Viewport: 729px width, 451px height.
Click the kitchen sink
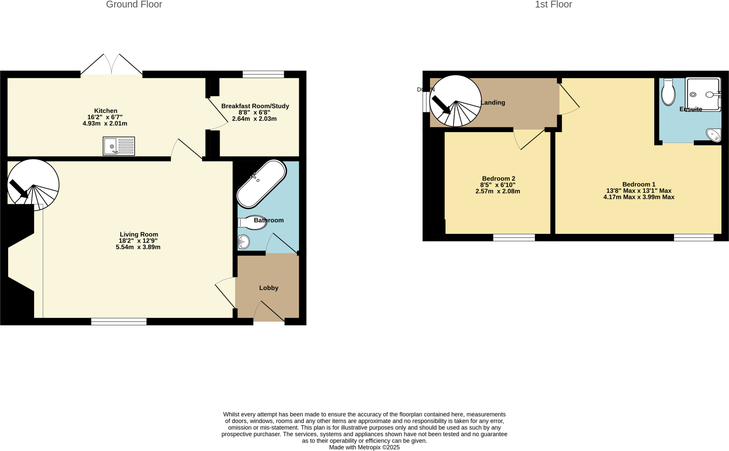click(x=119, y=146)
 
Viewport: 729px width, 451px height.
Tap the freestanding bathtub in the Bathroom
click(x=261, y=184)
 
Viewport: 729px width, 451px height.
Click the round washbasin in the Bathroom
click(x=244, y=242)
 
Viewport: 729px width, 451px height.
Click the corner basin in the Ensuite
click(x=714, y=135)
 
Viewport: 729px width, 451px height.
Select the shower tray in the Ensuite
click(x=703, y=94)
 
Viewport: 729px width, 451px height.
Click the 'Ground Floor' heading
click(x=134, y=5)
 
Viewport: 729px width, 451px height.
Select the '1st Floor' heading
click(x=553, y=5)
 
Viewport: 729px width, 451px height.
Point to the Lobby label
click(x=268, y=288)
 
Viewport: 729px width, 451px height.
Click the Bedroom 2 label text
click(x=498, y=179)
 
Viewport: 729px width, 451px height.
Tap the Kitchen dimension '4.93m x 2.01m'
click(x=105, y=124)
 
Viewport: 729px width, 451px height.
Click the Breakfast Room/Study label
click(x=255, y=106)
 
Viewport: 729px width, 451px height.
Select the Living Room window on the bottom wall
click(x=119, y=322)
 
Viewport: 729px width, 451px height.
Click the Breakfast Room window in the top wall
click(x=263, y=74)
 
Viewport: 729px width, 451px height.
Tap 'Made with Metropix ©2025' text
click(x=364, y=447)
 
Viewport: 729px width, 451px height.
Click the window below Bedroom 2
click(x=514, y=238)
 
